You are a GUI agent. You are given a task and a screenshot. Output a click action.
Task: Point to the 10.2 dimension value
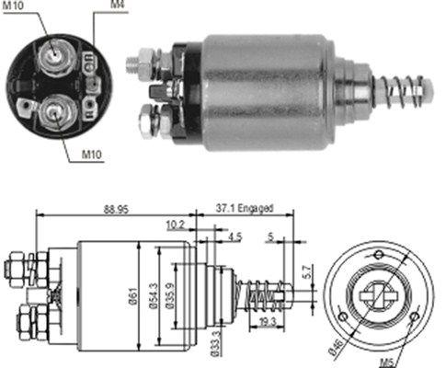coord(176,223)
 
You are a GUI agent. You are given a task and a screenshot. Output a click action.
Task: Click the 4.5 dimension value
coord(234,236)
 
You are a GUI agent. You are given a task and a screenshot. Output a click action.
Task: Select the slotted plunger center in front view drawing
coord(379,295)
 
